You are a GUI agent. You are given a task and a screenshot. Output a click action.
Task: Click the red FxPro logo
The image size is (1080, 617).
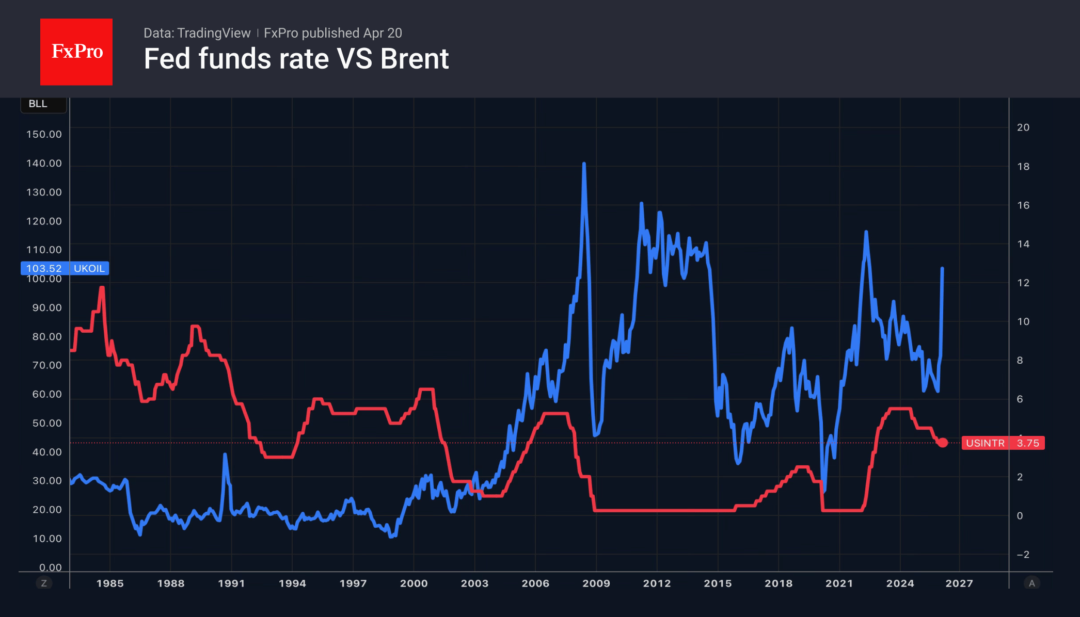coord(76,52)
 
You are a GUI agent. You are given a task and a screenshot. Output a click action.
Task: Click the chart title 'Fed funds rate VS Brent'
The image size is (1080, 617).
coord(296,59)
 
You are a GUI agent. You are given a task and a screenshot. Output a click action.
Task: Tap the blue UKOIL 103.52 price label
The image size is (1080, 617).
coord(65,268)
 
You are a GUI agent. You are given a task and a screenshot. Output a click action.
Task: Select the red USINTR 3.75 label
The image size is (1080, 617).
coord(1003,443)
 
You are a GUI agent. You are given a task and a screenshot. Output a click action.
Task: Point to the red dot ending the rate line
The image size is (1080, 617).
coord(943,443)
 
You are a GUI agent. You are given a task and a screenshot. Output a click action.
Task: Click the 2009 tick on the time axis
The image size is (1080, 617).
coord(596,583)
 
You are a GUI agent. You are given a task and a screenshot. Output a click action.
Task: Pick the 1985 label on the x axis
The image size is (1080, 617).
coord(110,583)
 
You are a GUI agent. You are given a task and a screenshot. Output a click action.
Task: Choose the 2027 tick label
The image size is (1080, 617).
coord(959,583)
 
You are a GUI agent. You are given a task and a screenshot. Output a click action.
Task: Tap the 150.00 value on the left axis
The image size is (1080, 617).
coord(44,134)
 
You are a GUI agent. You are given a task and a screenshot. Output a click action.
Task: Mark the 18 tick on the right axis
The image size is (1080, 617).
coord(1023,167)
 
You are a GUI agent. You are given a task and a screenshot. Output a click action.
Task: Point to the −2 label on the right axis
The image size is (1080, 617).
coord(1022,555)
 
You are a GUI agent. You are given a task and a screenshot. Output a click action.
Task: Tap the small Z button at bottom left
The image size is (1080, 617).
coord(44,583)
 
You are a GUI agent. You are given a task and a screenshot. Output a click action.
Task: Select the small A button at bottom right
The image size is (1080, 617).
coord(1031,583)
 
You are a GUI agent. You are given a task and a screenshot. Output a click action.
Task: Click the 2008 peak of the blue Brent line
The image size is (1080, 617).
coord(584,164)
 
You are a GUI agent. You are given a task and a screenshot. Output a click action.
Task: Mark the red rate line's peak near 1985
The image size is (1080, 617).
coord(102,288)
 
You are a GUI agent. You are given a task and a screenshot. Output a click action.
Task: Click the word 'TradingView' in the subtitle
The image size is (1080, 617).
coord(213,33)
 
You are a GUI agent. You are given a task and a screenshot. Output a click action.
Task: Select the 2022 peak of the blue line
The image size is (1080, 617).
coord(866,232)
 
